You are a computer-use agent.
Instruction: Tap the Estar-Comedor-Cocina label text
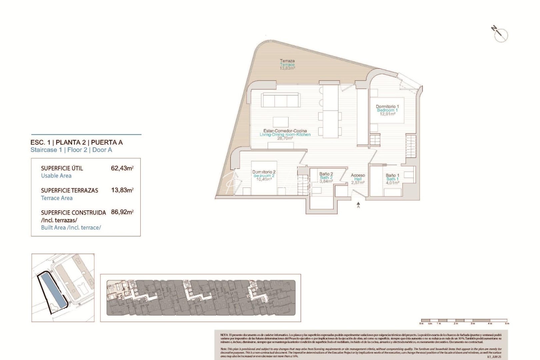[x=285, y=131]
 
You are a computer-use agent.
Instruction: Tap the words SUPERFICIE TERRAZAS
[x=69, y=190]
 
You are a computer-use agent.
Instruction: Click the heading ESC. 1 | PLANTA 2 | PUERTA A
[x=76, y=142]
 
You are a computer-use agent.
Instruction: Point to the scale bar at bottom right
[x=464, y=320]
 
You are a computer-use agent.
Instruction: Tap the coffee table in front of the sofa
[x=280, y=121]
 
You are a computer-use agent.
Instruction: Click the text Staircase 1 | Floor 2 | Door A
[x=71, y=150]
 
